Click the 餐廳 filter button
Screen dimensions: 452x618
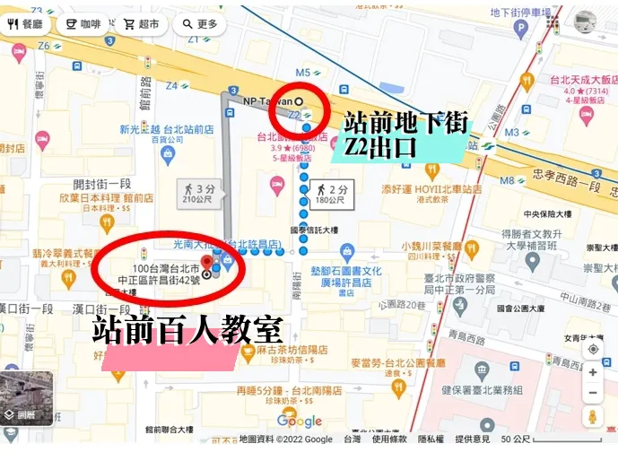coord(25,24)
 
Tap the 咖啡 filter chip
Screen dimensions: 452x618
coord(82,24)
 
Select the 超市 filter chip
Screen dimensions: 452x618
coord(142,24)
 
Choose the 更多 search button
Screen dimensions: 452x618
coord(199,24)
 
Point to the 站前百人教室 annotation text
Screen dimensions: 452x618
coord(187,330)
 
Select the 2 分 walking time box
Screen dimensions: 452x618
coord(332,193)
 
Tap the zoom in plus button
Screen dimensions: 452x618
coord(593,371)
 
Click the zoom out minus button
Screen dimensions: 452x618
coord(593,393)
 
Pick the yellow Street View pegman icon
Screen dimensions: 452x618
coord(593,417)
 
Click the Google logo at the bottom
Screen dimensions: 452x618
coord(299,421)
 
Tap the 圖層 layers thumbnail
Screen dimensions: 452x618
coord(26,398)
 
